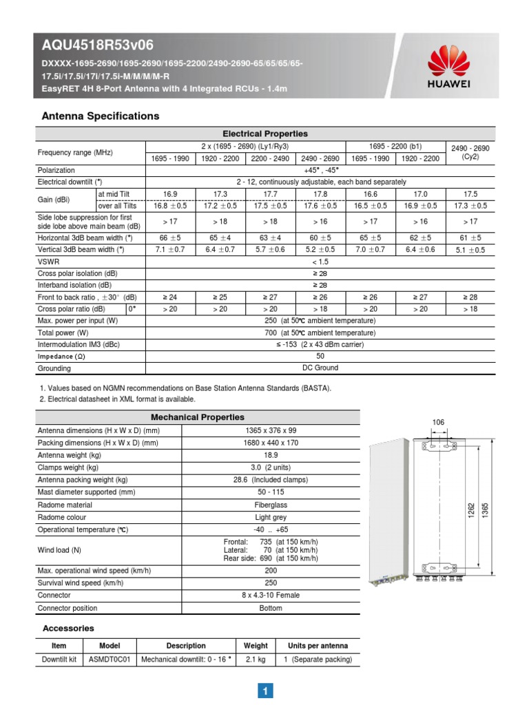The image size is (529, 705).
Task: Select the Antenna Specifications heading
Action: click(x=101, y=116)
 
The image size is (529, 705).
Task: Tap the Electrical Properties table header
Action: click(x=264, y=134)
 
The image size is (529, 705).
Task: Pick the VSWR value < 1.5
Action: click(x=320, y=262)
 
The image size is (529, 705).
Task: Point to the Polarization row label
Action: click(x=56, y=170)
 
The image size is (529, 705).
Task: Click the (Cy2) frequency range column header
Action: click(x=470, y=152)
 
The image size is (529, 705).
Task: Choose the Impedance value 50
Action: click(x=320, y=356)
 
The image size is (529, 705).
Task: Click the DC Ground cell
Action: click(x=320, y=368)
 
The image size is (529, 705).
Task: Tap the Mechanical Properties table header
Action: click(x=197, y=417)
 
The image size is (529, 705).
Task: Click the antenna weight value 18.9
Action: click(x=270, y=455)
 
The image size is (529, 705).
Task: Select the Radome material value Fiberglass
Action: click(x=270, y=505)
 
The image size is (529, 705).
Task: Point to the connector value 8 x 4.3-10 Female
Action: click(x=270, y=595)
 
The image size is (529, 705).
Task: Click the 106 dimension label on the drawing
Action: click(x=438, y=421)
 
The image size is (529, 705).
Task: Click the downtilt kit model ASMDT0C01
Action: click(x=110, y=660)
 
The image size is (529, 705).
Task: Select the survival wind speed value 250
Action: click(x=270, y=582)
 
